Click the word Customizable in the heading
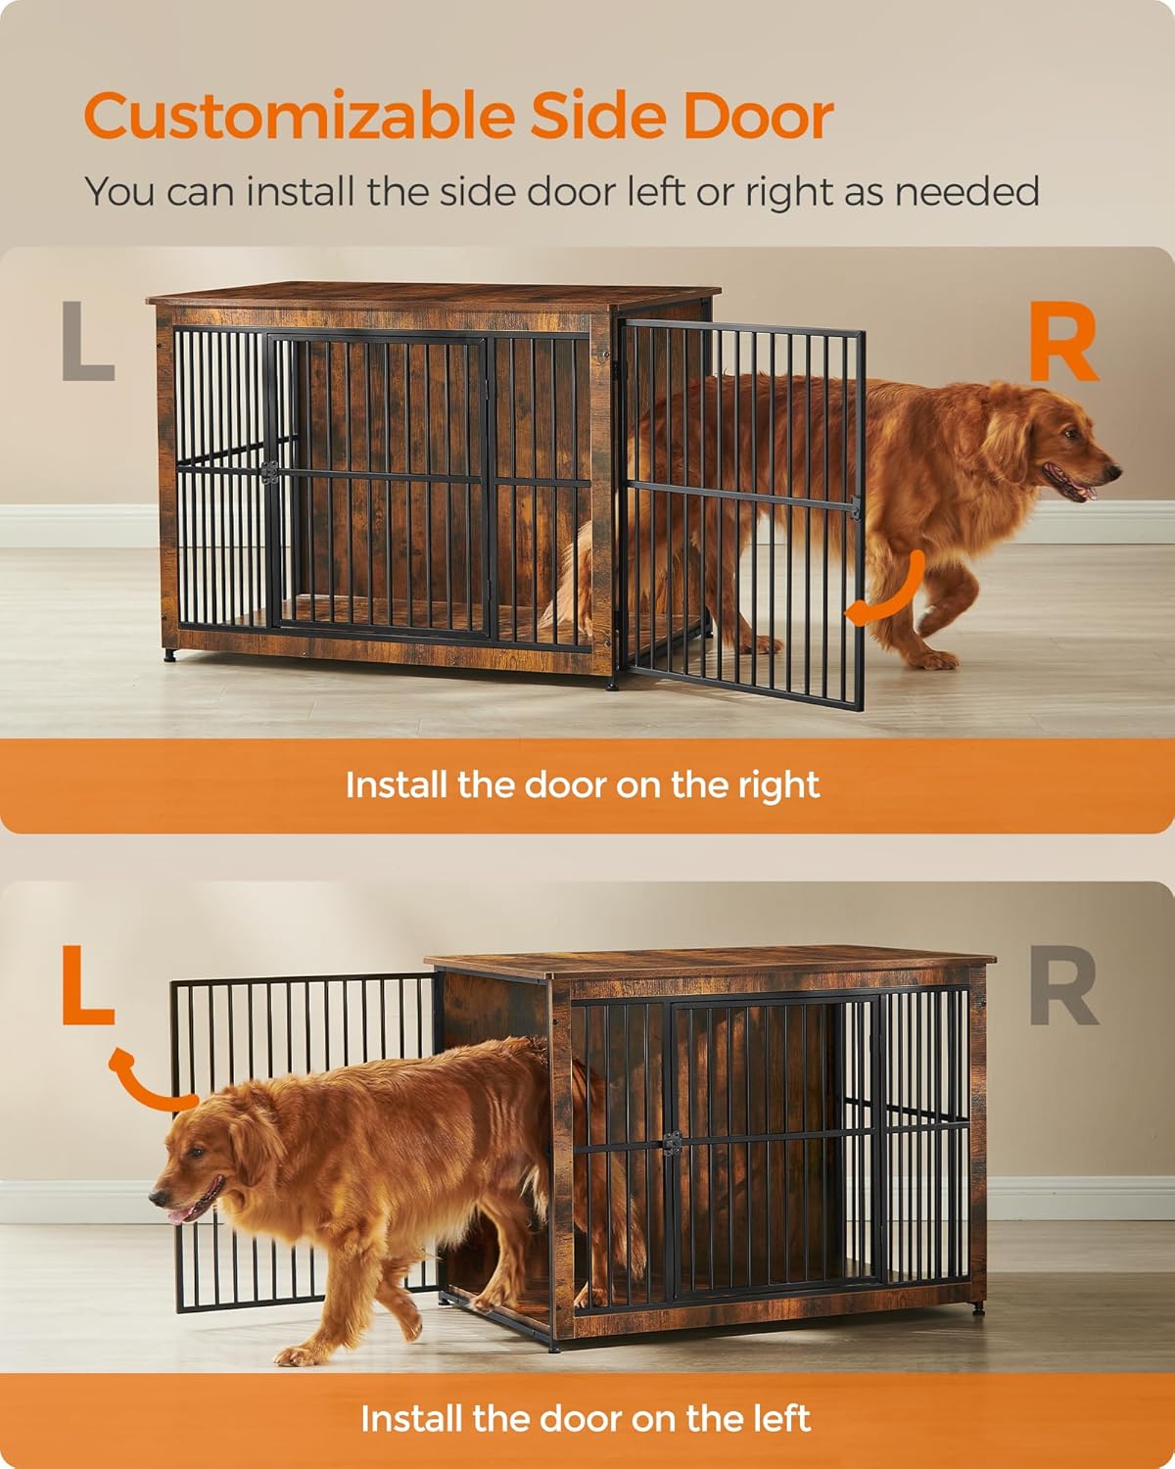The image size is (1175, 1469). point(300,118)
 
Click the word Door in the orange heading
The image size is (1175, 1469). point(758,118)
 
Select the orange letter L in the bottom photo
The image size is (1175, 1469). point(87,985)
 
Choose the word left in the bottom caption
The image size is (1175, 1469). point(775,1418)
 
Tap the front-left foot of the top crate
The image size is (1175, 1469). point(170,654)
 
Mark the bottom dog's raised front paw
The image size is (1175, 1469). point(294,1355)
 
